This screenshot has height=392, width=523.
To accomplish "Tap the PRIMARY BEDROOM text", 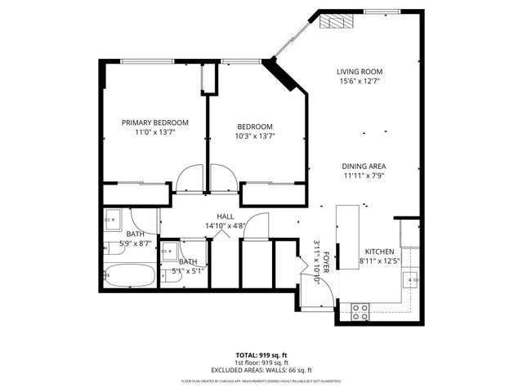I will (155, 122).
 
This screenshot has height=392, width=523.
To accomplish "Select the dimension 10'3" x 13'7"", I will (255, 136).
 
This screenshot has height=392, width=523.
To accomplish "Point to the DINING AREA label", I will (364, 166).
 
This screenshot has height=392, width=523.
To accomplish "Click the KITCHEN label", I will (380, 252).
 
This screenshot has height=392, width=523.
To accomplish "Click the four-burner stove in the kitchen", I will (360, 311).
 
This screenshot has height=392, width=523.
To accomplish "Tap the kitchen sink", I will (412, 280).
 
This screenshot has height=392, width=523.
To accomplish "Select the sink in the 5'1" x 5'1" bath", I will (170, 251).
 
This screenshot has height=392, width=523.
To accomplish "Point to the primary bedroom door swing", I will (190, 177).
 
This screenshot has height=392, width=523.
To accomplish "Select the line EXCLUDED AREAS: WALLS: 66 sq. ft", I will (261, 370).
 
